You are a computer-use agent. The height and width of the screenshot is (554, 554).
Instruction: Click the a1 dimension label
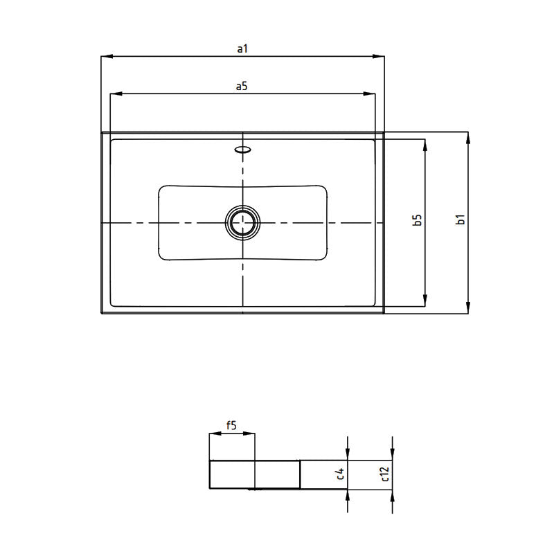point(242,48)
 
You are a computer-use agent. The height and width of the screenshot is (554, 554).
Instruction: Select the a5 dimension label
point(242,86)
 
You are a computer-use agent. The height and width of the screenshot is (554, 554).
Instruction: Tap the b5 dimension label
point(417,220)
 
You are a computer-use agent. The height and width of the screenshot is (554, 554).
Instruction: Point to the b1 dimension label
point(460,220)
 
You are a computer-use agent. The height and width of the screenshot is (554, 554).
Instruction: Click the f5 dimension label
point(231,427)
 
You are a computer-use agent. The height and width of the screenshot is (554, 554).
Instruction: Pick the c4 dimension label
point(340,474)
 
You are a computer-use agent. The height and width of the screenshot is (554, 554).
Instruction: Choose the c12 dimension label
point(385,474)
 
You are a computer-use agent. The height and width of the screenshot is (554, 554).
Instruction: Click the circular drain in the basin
point(242,222)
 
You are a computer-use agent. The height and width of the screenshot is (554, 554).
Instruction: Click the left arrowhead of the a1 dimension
point(106,57)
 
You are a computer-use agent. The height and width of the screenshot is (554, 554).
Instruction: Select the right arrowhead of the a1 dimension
point(379,57)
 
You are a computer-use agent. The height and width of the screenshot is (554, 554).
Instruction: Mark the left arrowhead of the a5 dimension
point(116,93)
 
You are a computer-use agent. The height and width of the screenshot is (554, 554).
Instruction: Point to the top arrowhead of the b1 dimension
point(469,136)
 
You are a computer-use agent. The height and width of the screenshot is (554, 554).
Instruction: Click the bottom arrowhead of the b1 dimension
point(469,308)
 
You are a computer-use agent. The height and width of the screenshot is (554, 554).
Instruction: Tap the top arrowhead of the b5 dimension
point(425,144)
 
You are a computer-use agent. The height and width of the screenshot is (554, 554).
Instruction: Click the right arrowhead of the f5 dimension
point(251,435)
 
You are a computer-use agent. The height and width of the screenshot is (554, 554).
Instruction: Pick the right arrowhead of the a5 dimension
point(370,93)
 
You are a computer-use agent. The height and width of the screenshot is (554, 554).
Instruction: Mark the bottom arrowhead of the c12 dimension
point(392,496)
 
